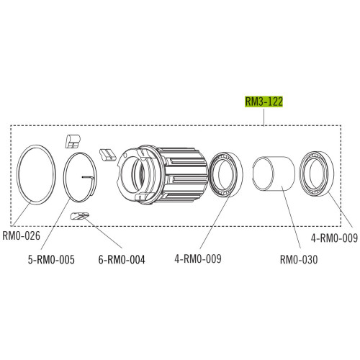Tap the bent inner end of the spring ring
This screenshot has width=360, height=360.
click(x=90, y=176)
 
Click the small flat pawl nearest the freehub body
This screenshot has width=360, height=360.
click(x=108, y=152)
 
